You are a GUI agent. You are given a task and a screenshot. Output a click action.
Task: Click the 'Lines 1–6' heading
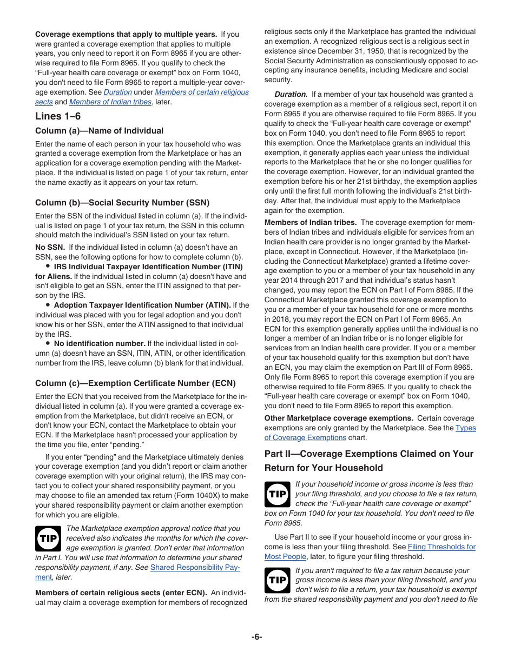[58, 116]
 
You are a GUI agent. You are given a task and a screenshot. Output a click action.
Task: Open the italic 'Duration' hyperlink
[117, 92]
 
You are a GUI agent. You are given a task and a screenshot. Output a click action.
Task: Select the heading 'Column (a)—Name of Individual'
[99, 131]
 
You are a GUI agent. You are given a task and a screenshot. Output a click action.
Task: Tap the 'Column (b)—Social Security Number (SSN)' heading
[122, 203]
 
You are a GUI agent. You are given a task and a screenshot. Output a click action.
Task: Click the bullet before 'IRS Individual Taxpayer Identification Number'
[48, 267]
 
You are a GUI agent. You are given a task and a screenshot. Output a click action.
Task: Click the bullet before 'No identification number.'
[48, 343]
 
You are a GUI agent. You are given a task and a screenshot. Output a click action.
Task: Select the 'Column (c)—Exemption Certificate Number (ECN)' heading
[135, 383]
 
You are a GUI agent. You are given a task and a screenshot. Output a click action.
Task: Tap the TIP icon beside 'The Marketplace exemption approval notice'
[48, 538]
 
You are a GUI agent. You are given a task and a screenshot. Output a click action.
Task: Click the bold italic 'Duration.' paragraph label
[291, 95]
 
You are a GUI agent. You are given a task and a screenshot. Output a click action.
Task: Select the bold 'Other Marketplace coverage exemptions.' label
[339, 418]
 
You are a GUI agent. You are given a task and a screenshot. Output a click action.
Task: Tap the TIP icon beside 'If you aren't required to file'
[278, 581]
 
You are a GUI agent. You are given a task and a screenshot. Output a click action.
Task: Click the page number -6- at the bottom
[256, 637]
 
